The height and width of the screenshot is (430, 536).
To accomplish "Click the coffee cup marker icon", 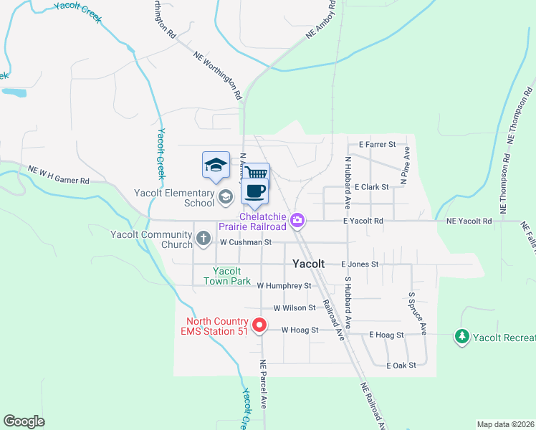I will click(256, 191).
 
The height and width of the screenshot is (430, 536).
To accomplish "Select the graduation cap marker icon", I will click(216, 166).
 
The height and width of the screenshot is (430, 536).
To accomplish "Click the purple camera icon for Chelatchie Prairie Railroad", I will click(297, 220).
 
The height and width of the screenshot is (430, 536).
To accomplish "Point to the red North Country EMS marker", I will click(262, 325).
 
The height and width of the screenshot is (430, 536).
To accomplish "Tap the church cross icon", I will click(204, 239).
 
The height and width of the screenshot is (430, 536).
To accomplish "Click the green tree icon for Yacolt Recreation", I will click(463, 335).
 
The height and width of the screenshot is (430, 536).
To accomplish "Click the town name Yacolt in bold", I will click(309, 264).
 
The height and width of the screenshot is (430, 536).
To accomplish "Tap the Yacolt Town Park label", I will click(231, 276).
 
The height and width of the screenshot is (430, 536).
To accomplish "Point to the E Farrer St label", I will click(378, 144).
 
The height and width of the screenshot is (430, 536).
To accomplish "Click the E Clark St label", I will click(371, 186).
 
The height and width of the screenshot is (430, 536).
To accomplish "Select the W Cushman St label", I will click(246, 242).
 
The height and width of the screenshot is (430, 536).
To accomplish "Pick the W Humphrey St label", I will click(284, 285).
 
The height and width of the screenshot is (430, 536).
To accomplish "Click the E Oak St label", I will click(401, 365).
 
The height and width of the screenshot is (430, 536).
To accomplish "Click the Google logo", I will click(24, 421).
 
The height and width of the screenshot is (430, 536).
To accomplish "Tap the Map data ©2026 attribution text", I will click(504, 424).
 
